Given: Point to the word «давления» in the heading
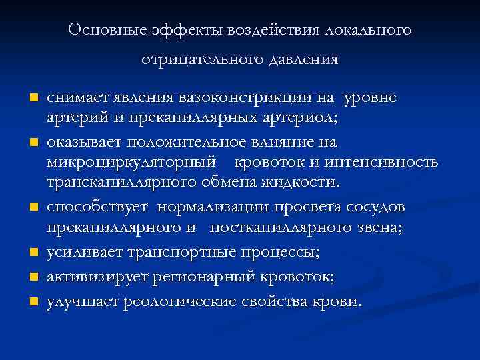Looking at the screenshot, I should click(304, 60).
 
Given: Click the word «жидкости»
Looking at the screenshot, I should click(305, 184).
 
